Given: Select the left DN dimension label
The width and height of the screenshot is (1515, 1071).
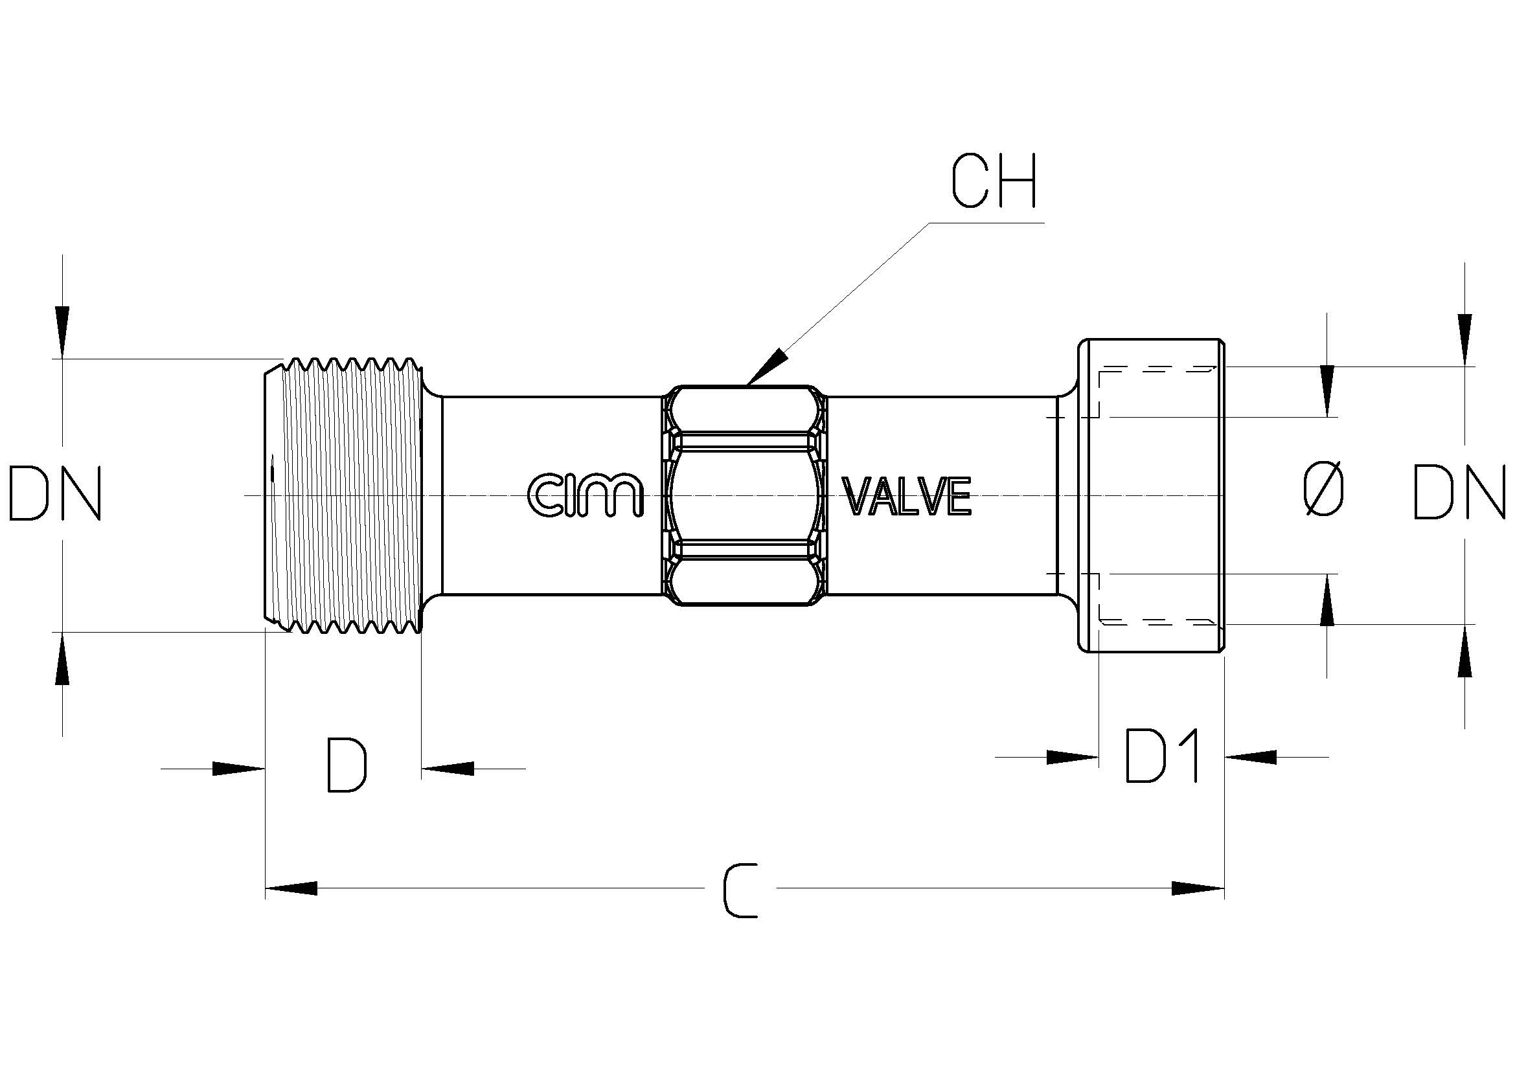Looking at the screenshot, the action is point(55,493).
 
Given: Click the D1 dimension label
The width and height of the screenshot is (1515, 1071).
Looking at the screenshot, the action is point(1162,756).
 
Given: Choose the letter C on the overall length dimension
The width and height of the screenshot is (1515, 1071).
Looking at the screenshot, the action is point(740,892).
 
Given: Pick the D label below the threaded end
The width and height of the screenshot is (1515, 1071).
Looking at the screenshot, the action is point(347,765).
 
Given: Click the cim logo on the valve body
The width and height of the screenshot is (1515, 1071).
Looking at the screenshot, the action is point(586,495).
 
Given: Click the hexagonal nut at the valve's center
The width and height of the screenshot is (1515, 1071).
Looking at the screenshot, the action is point(744,495).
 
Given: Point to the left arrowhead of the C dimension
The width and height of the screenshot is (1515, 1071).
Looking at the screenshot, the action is point(291,888).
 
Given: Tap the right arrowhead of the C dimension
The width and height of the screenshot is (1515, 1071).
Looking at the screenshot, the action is point(1198,888).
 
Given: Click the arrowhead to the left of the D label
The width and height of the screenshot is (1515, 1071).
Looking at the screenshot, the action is point(238,769).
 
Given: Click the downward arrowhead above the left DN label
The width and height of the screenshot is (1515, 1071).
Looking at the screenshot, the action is point(62,332).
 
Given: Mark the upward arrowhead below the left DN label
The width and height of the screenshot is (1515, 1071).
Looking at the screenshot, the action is point(62,658).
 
